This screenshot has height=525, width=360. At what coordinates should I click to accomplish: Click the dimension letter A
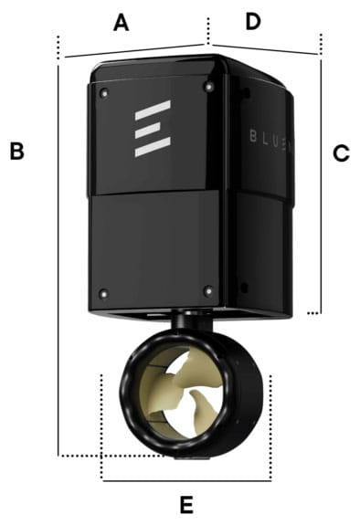click(x=121, y=23)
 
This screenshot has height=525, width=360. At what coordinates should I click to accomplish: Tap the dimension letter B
click(x=16, y=152)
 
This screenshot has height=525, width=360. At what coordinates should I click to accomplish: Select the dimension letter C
click(x=341, y=153)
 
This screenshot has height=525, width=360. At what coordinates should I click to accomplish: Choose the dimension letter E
click(x=186, y=504)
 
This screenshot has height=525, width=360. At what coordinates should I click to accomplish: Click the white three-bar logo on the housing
click(x=152, y=129)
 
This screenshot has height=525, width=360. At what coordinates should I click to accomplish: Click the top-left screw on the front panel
click(x=103, y=91)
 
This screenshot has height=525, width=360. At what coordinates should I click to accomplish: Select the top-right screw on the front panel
click(x=209, y=87)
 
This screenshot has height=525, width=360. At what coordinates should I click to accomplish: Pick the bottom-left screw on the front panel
click(x=103, y=293)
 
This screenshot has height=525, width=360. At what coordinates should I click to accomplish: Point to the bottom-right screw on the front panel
click(x=208, y=290)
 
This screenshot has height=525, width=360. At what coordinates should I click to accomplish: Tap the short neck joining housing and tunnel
click(x=189, y=323)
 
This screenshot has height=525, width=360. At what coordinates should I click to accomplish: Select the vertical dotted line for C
click(x=320, y=183)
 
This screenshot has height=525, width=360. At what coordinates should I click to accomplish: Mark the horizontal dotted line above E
click(x=186, y=479)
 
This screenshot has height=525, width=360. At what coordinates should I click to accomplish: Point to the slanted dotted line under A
click(x=132, y=51)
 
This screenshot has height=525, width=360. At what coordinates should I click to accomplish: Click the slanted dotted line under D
click(x=265, y=48)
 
